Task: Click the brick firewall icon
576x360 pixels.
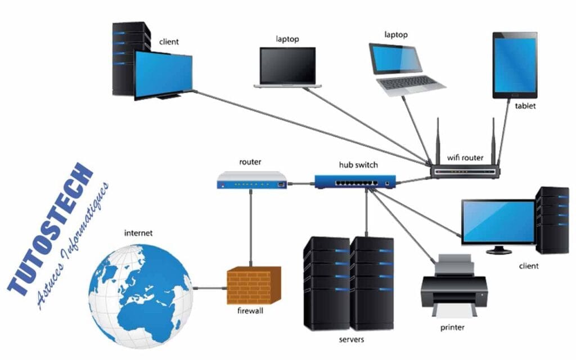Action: click(x=253, y=286)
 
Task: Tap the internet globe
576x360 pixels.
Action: click(x=141, y=289)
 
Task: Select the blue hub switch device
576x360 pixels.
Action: click(x=354, y=181)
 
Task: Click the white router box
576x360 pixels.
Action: click(x=251, y=180)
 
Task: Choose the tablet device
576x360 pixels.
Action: click(x=515, y=65)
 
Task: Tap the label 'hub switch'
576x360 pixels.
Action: click(x=358, y=165)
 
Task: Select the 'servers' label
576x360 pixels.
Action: click(x=352, y=339)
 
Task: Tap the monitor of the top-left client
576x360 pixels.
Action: click(x=163, y=74)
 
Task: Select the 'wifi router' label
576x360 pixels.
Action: click(x=465, y=157)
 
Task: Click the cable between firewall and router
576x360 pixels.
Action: click(x=251, y=228)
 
